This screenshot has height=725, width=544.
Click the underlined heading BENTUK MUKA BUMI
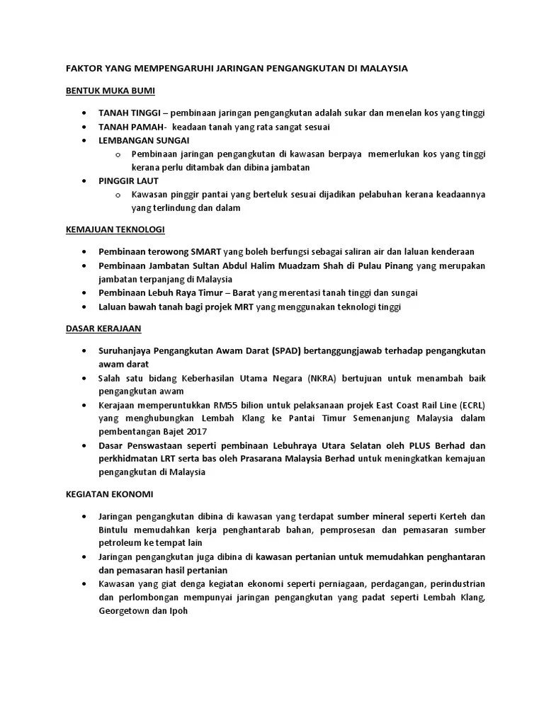(110, 91)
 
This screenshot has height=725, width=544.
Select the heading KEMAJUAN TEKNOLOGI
(115, 229)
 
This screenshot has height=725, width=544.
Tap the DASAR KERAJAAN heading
(103, 328)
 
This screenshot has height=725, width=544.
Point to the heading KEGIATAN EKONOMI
(109, 493)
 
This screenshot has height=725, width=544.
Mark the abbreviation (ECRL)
(468, 405)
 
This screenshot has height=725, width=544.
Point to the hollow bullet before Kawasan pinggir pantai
(118, 195)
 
